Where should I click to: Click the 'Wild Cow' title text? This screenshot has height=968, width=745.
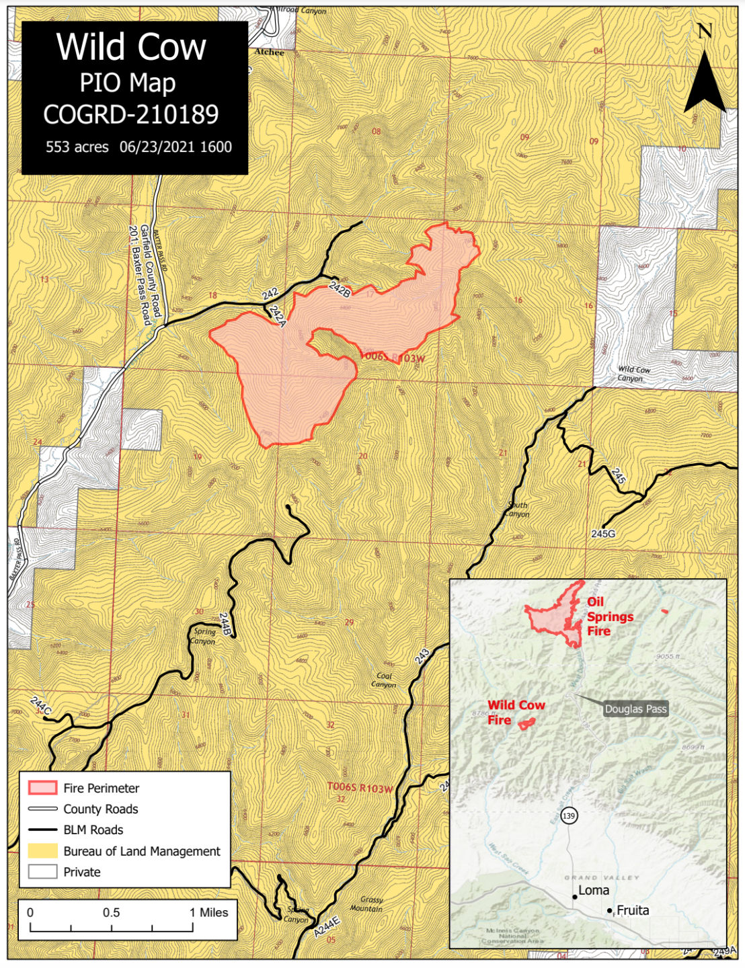coord(131,47)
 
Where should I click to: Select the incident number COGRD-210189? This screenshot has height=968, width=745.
coord(131,115)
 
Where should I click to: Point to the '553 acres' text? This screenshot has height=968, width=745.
coord(77,147)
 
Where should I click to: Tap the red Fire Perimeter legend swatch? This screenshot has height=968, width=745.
coord(42,788)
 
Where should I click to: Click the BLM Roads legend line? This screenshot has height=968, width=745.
coord(42,830)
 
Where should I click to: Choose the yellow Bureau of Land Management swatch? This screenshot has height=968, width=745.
coord(42,851)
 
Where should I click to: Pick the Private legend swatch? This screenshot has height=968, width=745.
coord(42,872)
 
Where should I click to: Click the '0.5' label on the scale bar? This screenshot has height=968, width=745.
coord(112,913)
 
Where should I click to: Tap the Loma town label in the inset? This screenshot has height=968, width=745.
coord(594,891)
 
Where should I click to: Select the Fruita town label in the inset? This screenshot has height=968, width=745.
coord(633,910)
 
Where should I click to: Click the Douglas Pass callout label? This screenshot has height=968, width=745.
coord(635,709)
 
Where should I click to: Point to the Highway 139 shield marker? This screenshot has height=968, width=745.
coord(569,816)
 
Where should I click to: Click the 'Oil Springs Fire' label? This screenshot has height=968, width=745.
coord(609,616)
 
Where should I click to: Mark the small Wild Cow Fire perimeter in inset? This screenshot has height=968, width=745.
coord(526,723)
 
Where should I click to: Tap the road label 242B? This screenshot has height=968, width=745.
coord(340,289)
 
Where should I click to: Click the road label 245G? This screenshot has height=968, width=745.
coord(603,534)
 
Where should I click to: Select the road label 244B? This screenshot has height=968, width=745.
coord(225,624)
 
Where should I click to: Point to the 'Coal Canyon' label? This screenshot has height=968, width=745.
coord(384,680)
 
